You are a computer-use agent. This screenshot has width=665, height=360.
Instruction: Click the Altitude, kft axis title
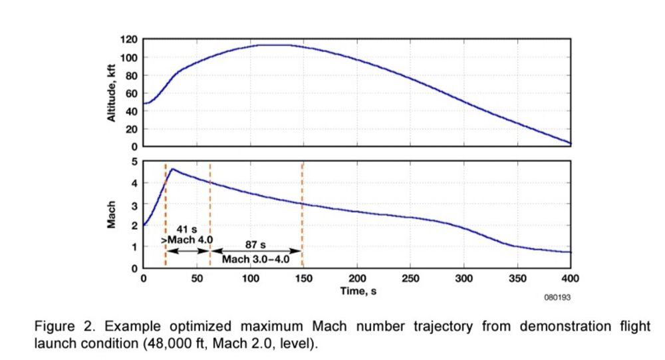coord(112,93)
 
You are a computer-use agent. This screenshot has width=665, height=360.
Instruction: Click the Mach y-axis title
coord(112,214)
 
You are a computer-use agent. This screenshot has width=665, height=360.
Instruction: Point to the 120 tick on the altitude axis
coord(129,40)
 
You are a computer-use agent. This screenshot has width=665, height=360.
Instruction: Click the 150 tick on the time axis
coord(303,277)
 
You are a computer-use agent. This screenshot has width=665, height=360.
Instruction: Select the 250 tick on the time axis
coord(410,277)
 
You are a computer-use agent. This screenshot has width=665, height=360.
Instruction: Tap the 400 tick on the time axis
coord(571,277)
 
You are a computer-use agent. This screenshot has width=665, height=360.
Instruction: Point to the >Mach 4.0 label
coord(184,240)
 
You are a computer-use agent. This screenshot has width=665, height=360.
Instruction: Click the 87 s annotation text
coord(256,245)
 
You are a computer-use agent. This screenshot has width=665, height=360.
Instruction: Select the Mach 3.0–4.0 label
coord(256,259)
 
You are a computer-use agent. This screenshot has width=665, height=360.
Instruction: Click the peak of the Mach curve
coord(173,169)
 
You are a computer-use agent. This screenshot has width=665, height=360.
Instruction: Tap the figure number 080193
coord(557,297)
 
